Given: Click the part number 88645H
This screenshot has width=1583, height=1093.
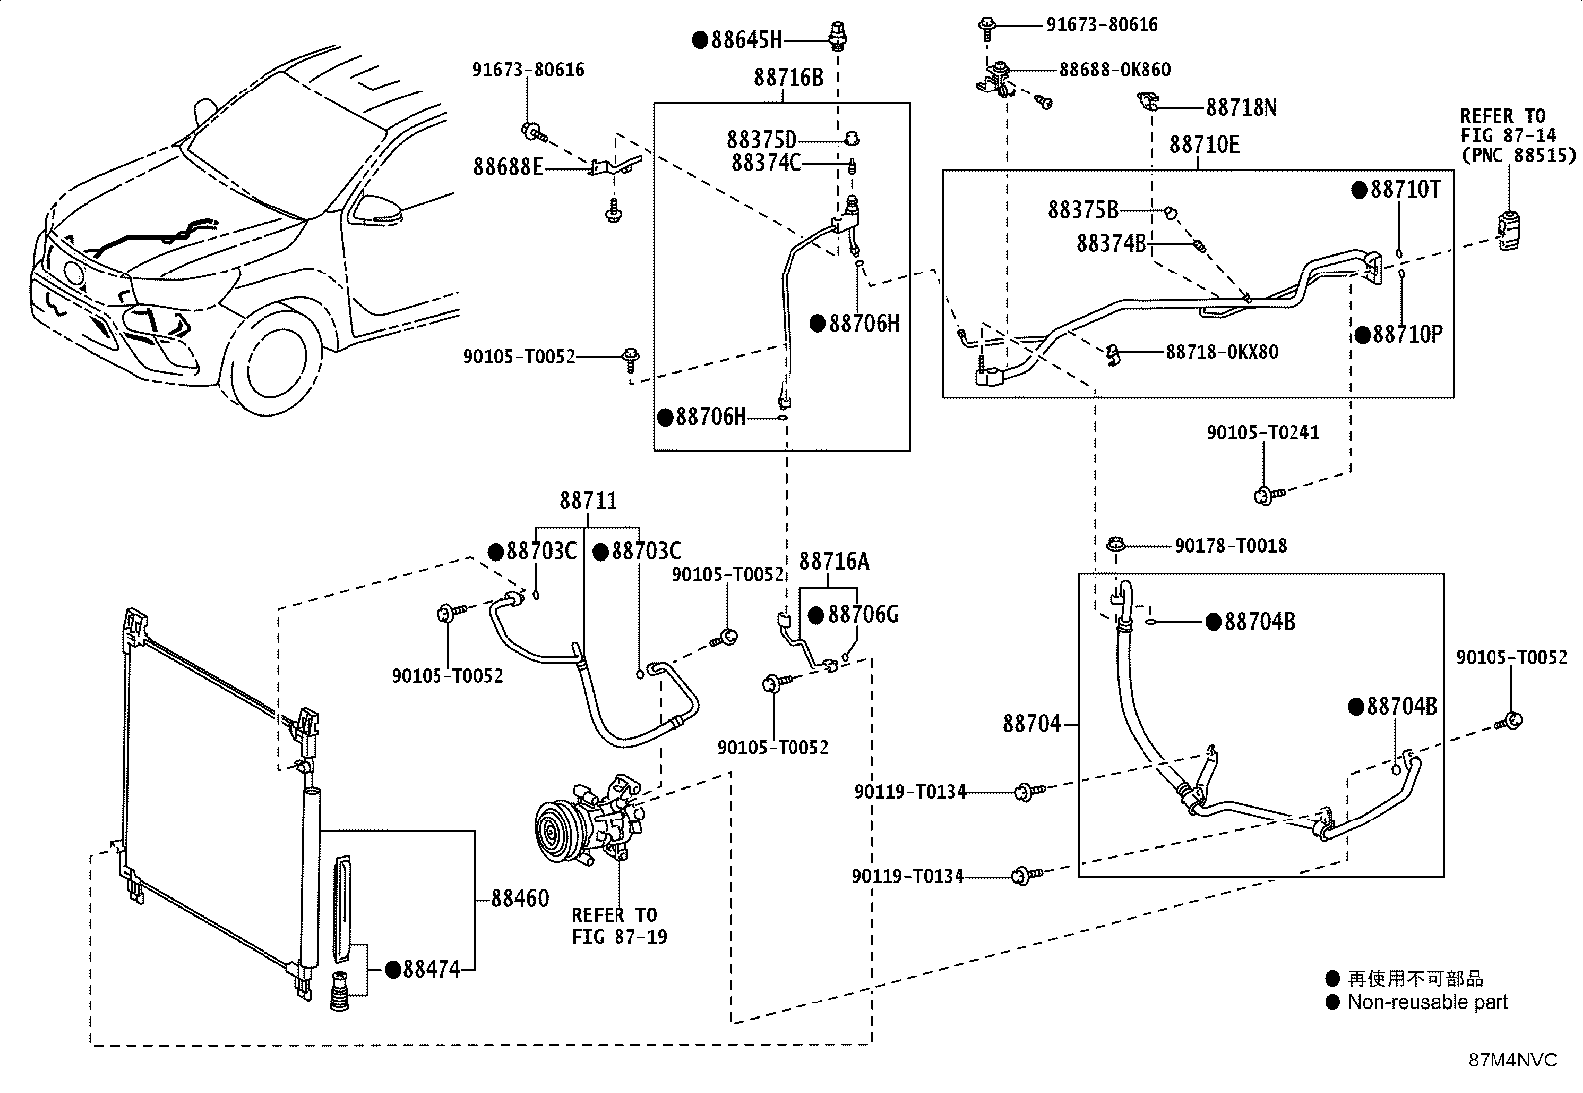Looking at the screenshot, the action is click(747, 40).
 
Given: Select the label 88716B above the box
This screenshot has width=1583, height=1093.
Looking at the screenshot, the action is click(789, 77).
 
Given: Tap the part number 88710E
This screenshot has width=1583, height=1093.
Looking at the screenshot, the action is click(1204, 145).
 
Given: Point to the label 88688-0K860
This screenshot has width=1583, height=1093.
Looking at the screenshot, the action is click(1116, 70).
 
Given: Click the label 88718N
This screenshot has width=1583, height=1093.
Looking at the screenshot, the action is click(1241, 108).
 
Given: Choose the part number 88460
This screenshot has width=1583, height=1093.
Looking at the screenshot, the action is click(520, 899).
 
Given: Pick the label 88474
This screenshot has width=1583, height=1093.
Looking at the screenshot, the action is click(432, 969).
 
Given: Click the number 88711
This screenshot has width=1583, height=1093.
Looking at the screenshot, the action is click(588, 500).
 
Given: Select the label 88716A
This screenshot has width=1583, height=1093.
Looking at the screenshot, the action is click(834, 561).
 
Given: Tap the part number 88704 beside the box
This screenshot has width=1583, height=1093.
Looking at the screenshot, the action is click(1032, 724).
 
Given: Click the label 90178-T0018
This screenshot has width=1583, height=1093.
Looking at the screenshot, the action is click(1231, 546).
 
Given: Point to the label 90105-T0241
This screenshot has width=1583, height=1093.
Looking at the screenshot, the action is click(1263, 432).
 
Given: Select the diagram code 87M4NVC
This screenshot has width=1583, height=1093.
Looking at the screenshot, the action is click(1512, 1060).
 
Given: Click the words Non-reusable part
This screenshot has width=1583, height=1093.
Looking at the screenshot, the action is click(1428, 1002).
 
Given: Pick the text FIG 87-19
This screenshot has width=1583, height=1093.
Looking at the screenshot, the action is click(619, 937).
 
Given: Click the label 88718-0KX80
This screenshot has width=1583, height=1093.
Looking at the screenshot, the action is click(1222, 352).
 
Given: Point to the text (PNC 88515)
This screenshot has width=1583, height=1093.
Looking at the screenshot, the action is click(1518, 155).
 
